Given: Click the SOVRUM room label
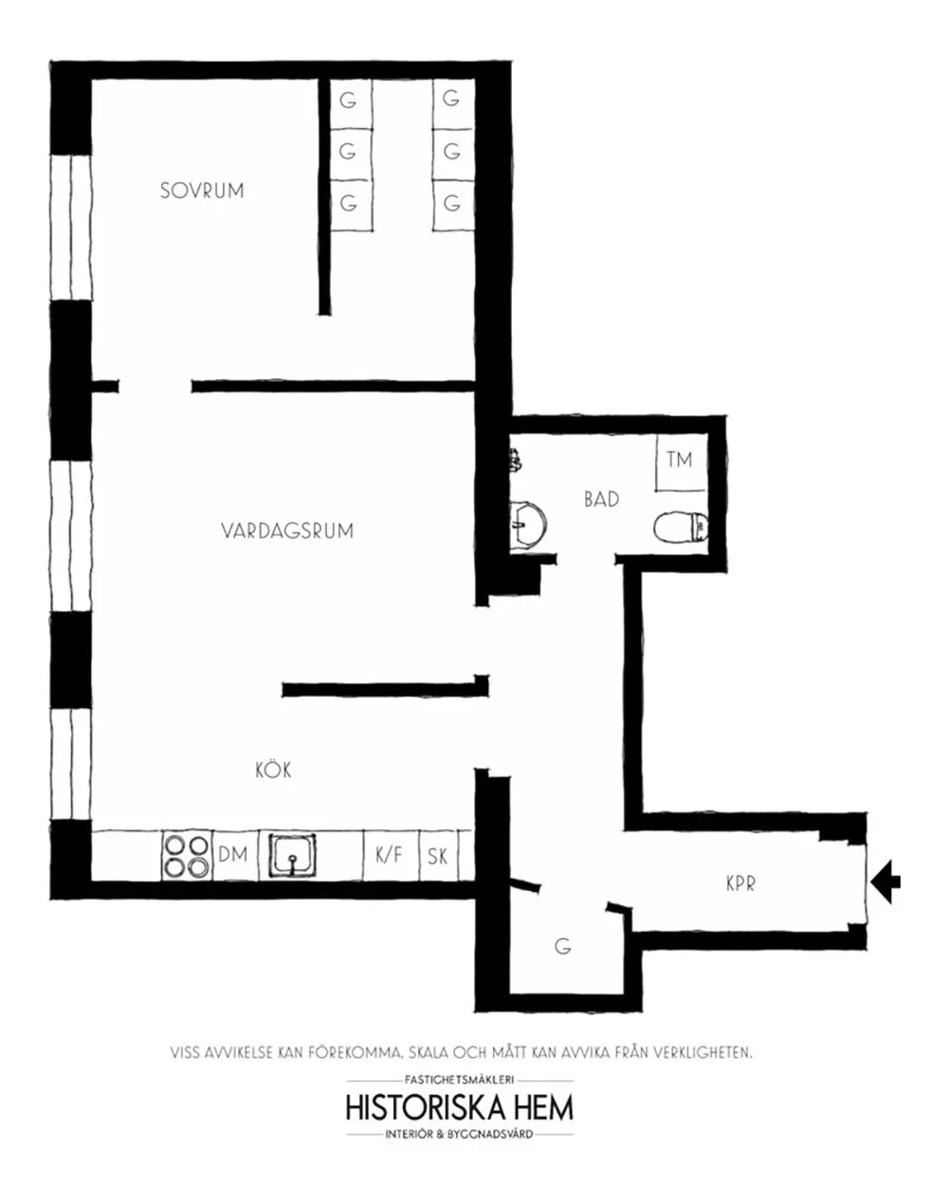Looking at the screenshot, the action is coord(202,191).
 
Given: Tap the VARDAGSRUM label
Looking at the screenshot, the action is coord(287,531).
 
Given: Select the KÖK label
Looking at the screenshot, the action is coord(273,770).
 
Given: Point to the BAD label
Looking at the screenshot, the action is coord(601,500).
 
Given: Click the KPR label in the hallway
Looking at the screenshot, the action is coord(740,883).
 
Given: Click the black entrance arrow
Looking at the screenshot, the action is coord(886,881).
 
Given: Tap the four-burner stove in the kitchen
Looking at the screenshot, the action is coord(187,856).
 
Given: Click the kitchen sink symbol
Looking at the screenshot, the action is coord(292,855).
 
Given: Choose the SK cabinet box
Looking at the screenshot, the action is coord(438,856).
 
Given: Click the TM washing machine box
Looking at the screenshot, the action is coord(681,462).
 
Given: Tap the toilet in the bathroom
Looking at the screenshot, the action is coord(681,527).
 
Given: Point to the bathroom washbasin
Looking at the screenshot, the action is coord(527,524).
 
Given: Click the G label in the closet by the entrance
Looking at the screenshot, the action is coord(563,946).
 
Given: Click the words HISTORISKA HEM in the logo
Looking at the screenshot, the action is coord(459,1108).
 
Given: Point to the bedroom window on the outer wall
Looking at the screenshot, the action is coord(71,227).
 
